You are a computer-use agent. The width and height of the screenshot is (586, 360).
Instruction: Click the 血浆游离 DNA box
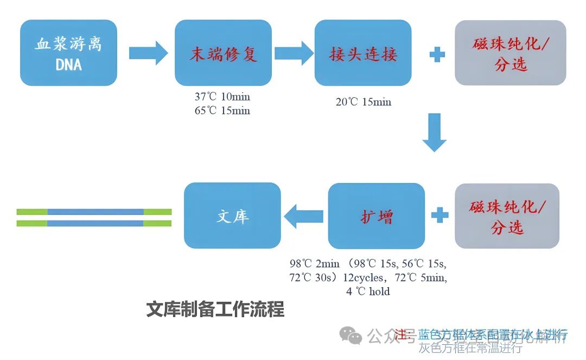point(68,53)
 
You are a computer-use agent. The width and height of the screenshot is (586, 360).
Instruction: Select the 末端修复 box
point(223,53)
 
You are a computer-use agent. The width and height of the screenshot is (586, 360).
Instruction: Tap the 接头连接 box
point(363,53)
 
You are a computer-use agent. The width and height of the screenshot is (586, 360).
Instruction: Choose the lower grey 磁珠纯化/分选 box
point(506,216)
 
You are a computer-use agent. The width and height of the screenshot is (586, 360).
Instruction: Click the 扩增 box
point(377,216)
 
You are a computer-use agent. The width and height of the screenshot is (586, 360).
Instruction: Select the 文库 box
point(232,216)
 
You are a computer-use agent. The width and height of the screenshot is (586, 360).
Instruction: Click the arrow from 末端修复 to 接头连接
point(294,53)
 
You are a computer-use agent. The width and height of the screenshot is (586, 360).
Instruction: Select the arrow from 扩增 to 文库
point(304,216)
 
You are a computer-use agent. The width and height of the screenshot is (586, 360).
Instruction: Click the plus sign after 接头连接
point(437,54)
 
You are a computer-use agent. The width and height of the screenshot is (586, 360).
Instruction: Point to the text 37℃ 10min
point(222,97)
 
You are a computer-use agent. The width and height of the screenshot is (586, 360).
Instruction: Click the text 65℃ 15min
point(222,110)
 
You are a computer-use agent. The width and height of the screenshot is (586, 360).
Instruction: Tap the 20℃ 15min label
point(364,102)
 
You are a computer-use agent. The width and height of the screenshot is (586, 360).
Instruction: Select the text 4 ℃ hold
point(368,292)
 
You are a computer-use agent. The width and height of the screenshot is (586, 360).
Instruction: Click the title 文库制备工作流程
point(215,310)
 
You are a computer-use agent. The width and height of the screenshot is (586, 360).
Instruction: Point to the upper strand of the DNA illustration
point(94,212)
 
